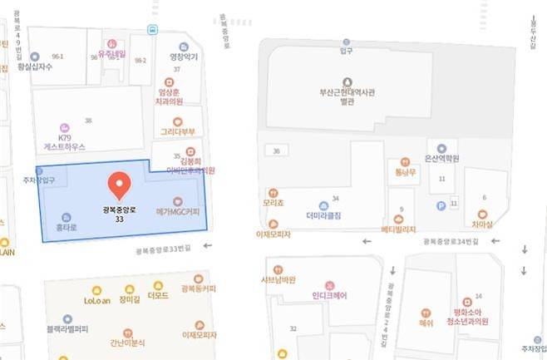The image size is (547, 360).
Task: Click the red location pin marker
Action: [x=121, y=184]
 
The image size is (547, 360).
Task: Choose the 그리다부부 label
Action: [x=177, y=131]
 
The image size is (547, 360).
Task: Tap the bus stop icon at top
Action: [x=153, y=30]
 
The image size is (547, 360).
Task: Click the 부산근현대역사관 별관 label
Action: [x=323, y=97]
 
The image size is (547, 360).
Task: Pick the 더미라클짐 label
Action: [x=323, y=215]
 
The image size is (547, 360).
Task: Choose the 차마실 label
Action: [x=483, y=224]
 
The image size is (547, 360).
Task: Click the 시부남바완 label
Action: [x=279, y=279]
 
